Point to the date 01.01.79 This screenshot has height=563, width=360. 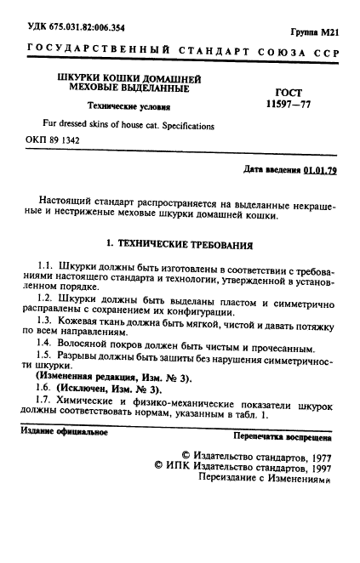click(320, 170)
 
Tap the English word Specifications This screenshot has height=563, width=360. click(186, 126)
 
